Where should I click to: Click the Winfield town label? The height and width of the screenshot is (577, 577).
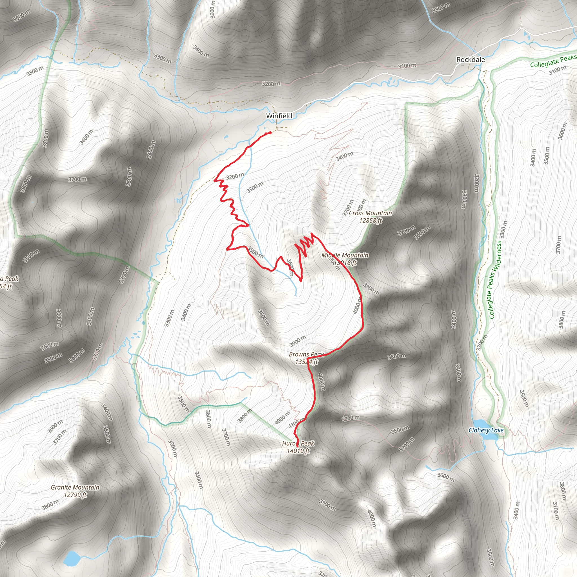(x=279, y=116)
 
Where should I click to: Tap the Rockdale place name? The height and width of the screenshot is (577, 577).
(x=471, y=60)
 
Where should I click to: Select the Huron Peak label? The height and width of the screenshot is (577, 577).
(x=298, y=443)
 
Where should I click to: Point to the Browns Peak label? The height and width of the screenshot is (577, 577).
(x=307, y=354)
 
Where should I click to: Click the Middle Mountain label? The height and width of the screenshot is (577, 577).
(x=345, y=255)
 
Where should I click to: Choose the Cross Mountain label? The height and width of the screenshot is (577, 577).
(x=370, y=213)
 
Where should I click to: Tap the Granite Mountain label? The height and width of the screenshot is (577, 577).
(x=75, y=487)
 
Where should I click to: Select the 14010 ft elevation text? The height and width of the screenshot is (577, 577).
(x=298, y=451)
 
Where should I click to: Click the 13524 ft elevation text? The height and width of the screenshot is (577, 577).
(x=307, y=362)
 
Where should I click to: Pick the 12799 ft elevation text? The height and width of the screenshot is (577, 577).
(x=75, y=495)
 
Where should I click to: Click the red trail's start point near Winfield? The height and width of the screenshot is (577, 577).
(x=270, y=132)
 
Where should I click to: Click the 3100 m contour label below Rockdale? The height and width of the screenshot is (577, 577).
(x=407, y=66)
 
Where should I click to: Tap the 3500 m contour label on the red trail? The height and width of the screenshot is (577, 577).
(x=256, y=253)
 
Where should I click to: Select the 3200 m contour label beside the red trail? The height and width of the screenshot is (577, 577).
(x=235, y=176)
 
